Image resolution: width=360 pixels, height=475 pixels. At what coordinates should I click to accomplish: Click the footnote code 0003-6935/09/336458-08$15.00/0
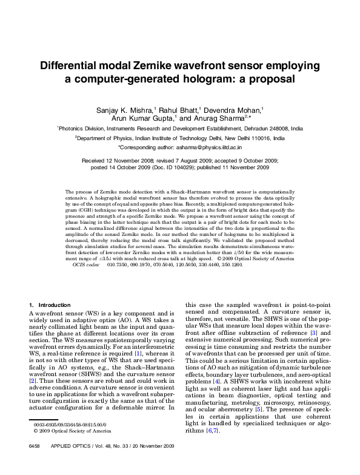click(x=69, y=442)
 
